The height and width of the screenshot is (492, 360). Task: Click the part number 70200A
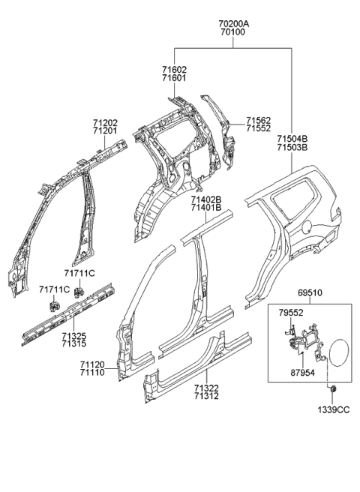(232, 23)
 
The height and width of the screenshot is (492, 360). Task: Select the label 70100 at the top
(232, 32)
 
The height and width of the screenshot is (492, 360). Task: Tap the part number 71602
(174, 69)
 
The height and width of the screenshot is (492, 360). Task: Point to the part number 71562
(259, 120)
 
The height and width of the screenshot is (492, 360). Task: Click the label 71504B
(292, 139)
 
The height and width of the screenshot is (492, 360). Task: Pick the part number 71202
(105, 122)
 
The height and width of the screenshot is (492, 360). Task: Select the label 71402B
(205, 199)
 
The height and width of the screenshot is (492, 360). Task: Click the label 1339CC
(332, 409)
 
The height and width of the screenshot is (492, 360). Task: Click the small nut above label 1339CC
(332, 388)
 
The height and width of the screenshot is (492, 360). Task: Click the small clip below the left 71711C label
(54, 304)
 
